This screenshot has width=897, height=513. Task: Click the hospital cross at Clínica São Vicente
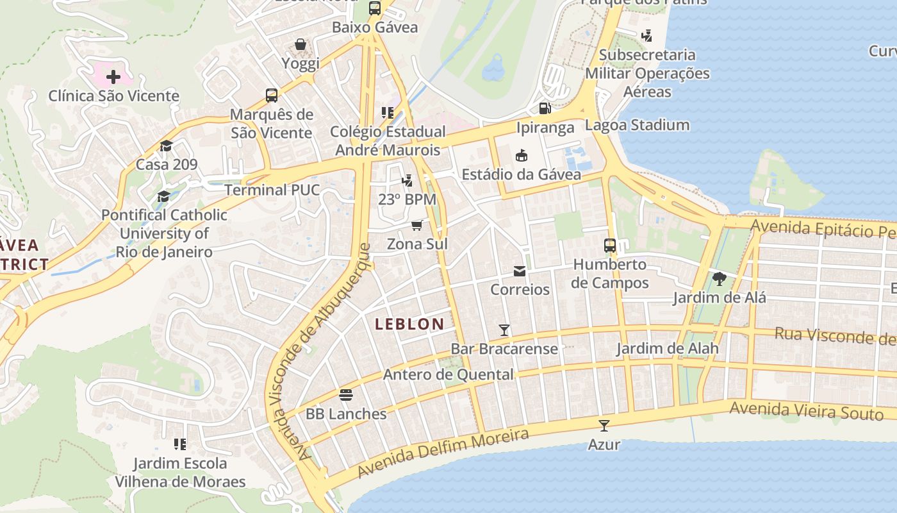click(113, 78)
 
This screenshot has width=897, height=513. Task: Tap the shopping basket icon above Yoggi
click(300, 45)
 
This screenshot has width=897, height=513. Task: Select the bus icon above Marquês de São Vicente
click(272, 96)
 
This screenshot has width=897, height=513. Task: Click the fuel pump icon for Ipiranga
click(545, 108)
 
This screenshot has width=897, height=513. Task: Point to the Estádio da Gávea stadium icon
click(521, 155)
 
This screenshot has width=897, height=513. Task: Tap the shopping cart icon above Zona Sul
click(417, 225)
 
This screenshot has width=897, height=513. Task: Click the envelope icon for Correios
click(520, 271)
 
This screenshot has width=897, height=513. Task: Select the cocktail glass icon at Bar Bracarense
click(504, 330)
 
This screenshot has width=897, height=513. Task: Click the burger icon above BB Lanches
click(346, 395)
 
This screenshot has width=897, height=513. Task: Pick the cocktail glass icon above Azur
click(604, 425)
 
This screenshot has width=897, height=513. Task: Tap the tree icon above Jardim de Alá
click(719, 279)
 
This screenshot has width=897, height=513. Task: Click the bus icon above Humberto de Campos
click(610, 245)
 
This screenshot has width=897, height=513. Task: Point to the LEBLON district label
click(409, 324)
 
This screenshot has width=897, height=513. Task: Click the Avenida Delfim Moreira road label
click(443, 454)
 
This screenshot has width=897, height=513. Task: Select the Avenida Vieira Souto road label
click(806, 410)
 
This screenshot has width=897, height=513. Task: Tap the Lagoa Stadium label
click(637, 125)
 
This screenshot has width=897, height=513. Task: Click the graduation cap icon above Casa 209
click(167, 146)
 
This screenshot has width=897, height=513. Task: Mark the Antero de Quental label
click(448, 374)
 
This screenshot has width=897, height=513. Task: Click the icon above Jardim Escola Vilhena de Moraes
click(180, 444)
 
